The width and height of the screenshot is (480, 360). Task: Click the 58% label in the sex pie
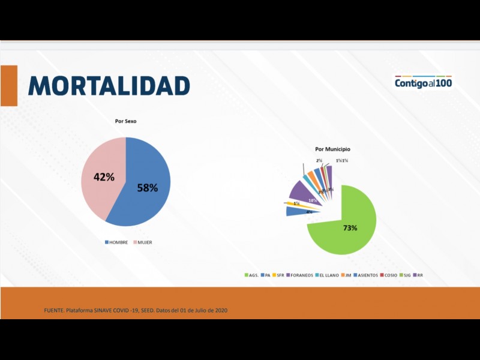[x=147, y=188]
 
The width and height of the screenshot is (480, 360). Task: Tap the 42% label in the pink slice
[x=104, y=177]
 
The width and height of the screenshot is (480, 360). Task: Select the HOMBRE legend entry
[x=116, y=242]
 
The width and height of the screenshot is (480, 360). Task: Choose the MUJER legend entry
[x=142, y=242]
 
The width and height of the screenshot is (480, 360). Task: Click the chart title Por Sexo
[x=126, y=121]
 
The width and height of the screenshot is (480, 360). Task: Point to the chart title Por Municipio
[x=332, y=149]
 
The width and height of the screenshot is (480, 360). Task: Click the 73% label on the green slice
[x=350, y=228]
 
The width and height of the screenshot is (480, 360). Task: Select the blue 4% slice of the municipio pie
[x=294, y=211]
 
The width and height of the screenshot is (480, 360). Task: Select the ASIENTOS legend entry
[x=366, y=275]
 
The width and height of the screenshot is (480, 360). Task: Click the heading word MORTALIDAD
[x=109, y=86]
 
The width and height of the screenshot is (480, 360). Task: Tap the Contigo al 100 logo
[x=423, y=82]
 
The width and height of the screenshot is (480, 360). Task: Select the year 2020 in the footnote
[x=221, y=310]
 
